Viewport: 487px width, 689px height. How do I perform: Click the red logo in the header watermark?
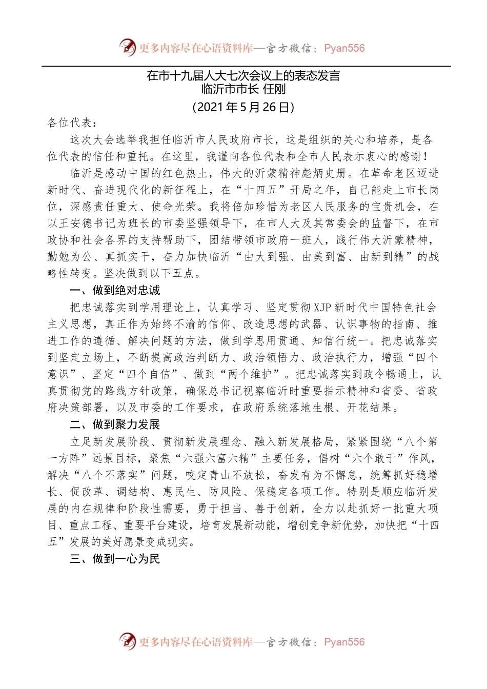coord(128,48)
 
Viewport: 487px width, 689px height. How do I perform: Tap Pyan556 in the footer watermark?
coord(344,642)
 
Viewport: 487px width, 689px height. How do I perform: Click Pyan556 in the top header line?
coord(344,48)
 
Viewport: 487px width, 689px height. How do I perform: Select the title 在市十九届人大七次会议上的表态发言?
coord(243,76)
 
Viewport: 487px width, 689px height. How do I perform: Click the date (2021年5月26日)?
coord(243,107)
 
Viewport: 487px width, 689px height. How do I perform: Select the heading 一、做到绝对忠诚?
coord(115,291)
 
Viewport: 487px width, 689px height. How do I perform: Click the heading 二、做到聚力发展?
coord(115,424)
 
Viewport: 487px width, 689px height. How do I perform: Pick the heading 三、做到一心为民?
coord(115,558)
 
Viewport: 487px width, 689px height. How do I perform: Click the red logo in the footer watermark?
coord(128,641)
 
